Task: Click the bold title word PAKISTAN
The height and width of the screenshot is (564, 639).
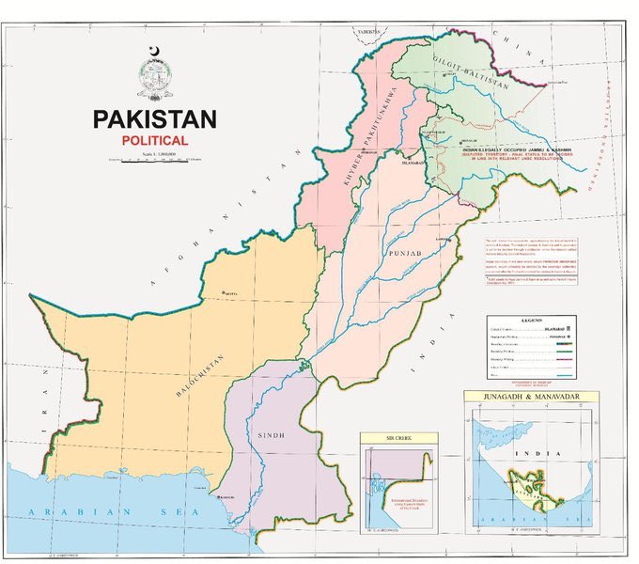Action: tap(154, 119)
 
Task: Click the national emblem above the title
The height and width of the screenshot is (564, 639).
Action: tap(155, 75)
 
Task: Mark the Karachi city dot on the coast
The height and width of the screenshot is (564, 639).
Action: tap(219, 496)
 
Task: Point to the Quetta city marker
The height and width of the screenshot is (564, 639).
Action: tap(223, 293)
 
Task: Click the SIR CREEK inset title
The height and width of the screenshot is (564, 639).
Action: tap(398, 439)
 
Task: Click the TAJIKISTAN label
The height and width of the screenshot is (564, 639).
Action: tap(362, 30)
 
